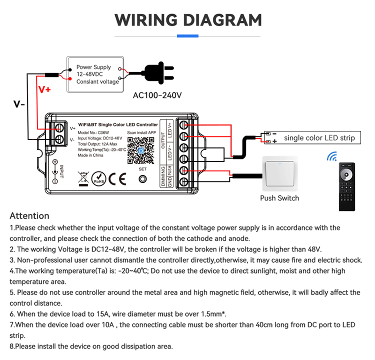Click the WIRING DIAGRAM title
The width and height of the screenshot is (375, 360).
point(188,20)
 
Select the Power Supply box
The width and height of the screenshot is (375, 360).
point(95,74)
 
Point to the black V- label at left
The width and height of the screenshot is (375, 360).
point(19,104)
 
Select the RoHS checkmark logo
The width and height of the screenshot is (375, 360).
point(98,178)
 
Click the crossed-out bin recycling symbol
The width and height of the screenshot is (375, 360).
point(82,178)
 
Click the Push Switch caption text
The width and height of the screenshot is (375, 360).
point(279,198)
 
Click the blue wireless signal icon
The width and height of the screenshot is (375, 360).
point(332,156)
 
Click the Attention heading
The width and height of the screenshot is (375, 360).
point(29,216)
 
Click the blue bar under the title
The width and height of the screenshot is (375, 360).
point(188,36)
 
